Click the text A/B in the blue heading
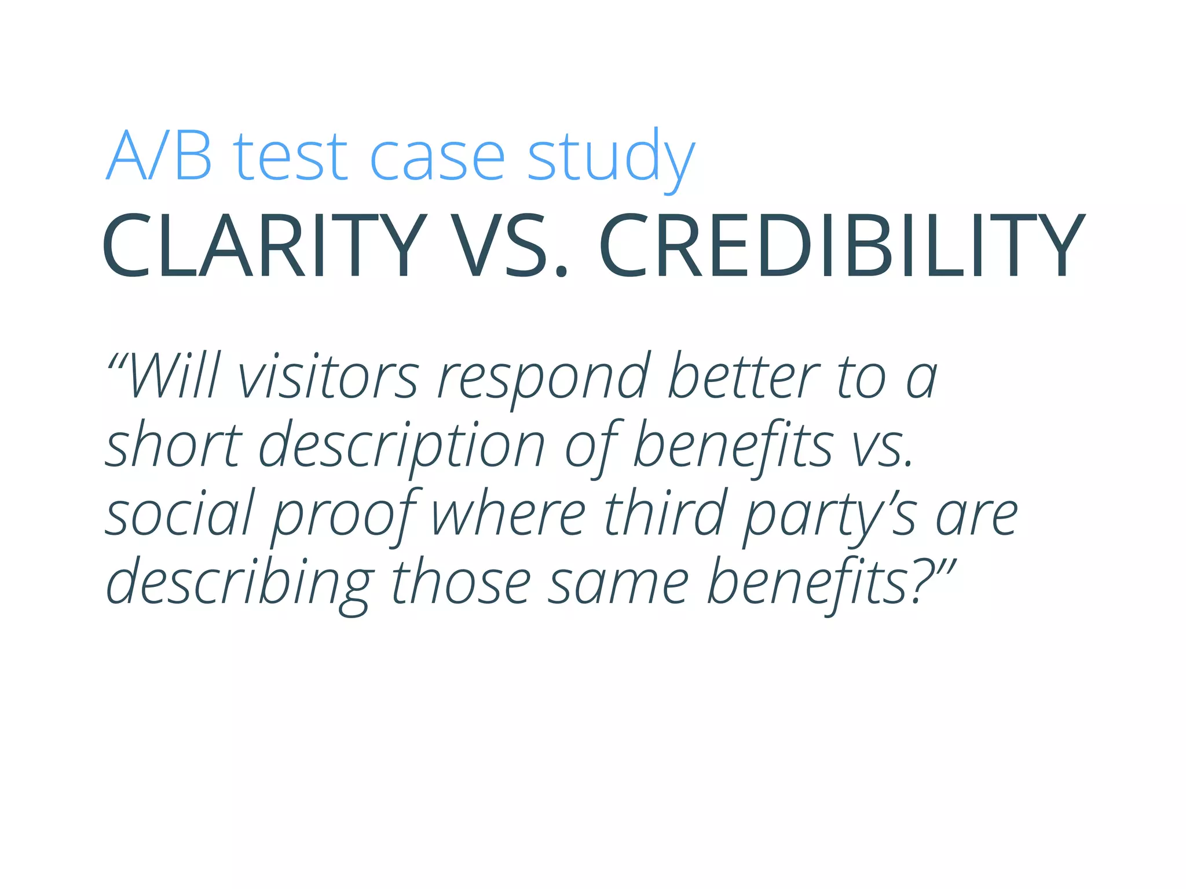tap(159, 155)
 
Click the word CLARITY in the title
tap(264, 245)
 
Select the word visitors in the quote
tap(328, 376)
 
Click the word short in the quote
tap(174, 444)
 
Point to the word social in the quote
tap(180, 513)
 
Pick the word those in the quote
tap(461, 581)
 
